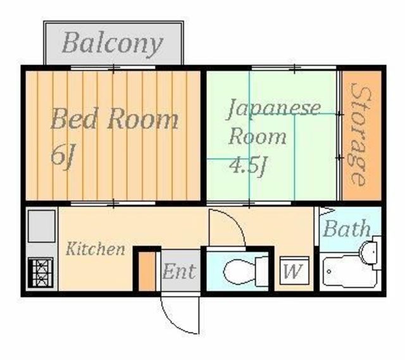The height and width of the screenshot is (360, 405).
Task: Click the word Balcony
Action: pyautogui.click(x=113, y=43)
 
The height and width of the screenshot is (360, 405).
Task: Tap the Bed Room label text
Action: pyautogui.click(x=114, y=119)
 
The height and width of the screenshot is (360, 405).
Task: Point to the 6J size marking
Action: pyautogui.click(x=62, y=154)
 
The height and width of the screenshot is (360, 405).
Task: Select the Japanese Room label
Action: pyautogui.click(x=273, y=121)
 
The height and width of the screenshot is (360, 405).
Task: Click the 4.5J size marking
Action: pyautogui.click(x=248, y=166)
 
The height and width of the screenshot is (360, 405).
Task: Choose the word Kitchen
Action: pyautogui.click(x=96, y=248)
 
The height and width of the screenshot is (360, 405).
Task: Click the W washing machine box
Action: pyautogui.click(x=292, y=272)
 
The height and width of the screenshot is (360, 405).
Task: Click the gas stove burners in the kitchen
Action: pyautogui.click(x=40, y=273)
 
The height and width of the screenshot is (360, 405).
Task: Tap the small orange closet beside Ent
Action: pyautogui.click(x=147, y=272)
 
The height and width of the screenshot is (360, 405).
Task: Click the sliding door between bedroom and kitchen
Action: pyautogui.click(x=114, y=203)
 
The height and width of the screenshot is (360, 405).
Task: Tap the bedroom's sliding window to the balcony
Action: pyautogui.click(x=114, y=67)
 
